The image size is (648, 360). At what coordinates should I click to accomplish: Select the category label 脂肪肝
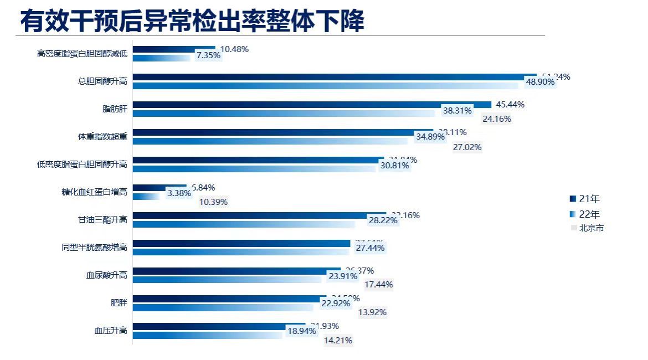(115, 109)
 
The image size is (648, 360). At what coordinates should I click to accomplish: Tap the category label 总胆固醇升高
(102, 81)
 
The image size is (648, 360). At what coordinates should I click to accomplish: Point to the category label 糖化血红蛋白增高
(94, 192)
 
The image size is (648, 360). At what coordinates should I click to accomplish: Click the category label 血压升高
(111, 331)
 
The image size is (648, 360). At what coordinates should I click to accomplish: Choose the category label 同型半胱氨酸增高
(94, 248)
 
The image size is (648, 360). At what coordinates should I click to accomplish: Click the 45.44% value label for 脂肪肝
(510, 105)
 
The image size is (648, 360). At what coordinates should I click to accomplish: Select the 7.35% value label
(209, 55)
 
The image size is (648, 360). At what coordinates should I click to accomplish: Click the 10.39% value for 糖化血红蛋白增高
(213, 202)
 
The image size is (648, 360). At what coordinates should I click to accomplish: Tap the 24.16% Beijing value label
(497, 119)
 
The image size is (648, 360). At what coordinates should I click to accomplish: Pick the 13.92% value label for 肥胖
(372, 312)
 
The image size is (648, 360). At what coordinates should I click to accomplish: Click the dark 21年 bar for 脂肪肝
(310, 105)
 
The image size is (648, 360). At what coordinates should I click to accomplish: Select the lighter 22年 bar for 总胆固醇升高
(327, 86)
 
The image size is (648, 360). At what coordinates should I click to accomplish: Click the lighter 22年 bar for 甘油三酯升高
(244, 224)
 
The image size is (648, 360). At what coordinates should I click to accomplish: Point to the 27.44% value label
(370, 248)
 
